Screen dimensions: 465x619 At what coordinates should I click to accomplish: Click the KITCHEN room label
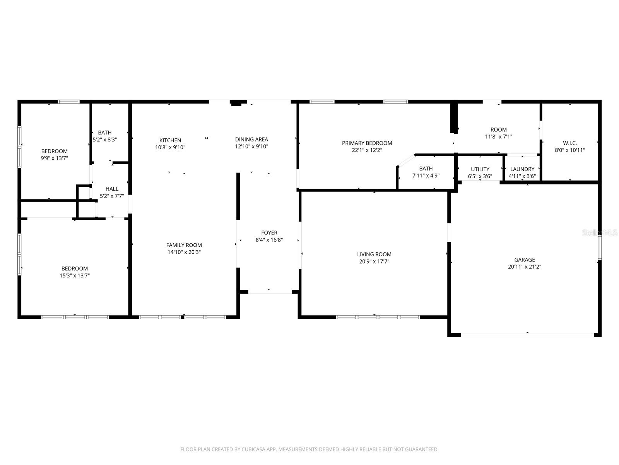coord(170,140)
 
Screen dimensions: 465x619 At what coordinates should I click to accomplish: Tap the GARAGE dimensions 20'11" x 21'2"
coord(525,267)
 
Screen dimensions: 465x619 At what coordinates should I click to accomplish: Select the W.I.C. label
coord(570,143)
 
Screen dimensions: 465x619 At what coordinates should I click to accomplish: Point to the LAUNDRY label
coord(522,169)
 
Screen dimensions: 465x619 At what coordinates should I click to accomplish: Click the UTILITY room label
coord(480,169)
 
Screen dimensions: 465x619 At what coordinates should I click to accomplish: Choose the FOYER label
coord(269,233)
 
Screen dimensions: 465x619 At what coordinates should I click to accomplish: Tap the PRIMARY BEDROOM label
coord(367,143)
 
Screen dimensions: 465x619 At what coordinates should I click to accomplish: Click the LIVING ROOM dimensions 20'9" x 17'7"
coord(374,261)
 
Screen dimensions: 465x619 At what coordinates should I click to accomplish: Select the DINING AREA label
coord(251,139)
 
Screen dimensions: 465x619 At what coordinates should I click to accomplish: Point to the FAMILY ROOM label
coord(184,245)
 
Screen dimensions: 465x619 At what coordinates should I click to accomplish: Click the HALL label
coord(112,189)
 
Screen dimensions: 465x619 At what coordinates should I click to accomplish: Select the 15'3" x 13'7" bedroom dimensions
coord(75,276)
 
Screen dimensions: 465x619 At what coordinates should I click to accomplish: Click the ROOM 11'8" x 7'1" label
coord(498,133)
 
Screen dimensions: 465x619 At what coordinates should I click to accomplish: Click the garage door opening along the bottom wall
coord(527,334)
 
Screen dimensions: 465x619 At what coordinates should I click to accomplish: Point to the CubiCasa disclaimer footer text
coord(309,449)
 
